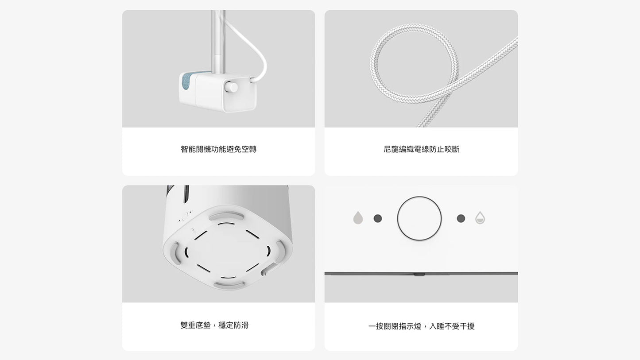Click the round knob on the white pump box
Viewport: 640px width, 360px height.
(231, 87)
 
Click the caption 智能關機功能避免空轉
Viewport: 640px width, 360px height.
(218, 149)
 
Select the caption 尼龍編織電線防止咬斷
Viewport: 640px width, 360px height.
(422, 149)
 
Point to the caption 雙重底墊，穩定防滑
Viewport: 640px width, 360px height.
(214, 325)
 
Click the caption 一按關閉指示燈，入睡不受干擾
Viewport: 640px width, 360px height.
(422, 326)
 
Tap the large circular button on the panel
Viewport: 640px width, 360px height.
(419, 219)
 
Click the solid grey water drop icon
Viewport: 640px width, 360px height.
(358, 217)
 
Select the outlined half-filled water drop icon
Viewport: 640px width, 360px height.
(480, 217)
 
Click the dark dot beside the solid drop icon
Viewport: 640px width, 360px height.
(378, 219)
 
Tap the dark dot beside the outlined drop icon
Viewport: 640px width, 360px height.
(461, 219)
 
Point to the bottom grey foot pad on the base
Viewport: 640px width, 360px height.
(229, 285)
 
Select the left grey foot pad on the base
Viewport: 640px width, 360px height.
(175, 253)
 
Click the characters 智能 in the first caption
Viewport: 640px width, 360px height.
(188, 149)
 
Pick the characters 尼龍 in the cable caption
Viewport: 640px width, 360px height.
(391, 149)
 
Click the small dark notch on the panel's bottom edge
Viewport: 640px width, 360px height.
(419, 275)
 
